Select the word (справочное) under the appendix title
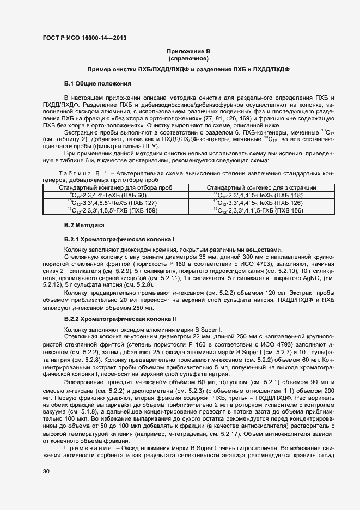[x=188, y=58]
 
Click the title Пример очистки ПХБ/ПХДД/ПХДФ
[x=188, y=70]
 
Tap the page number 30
[x=46, y=471]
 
